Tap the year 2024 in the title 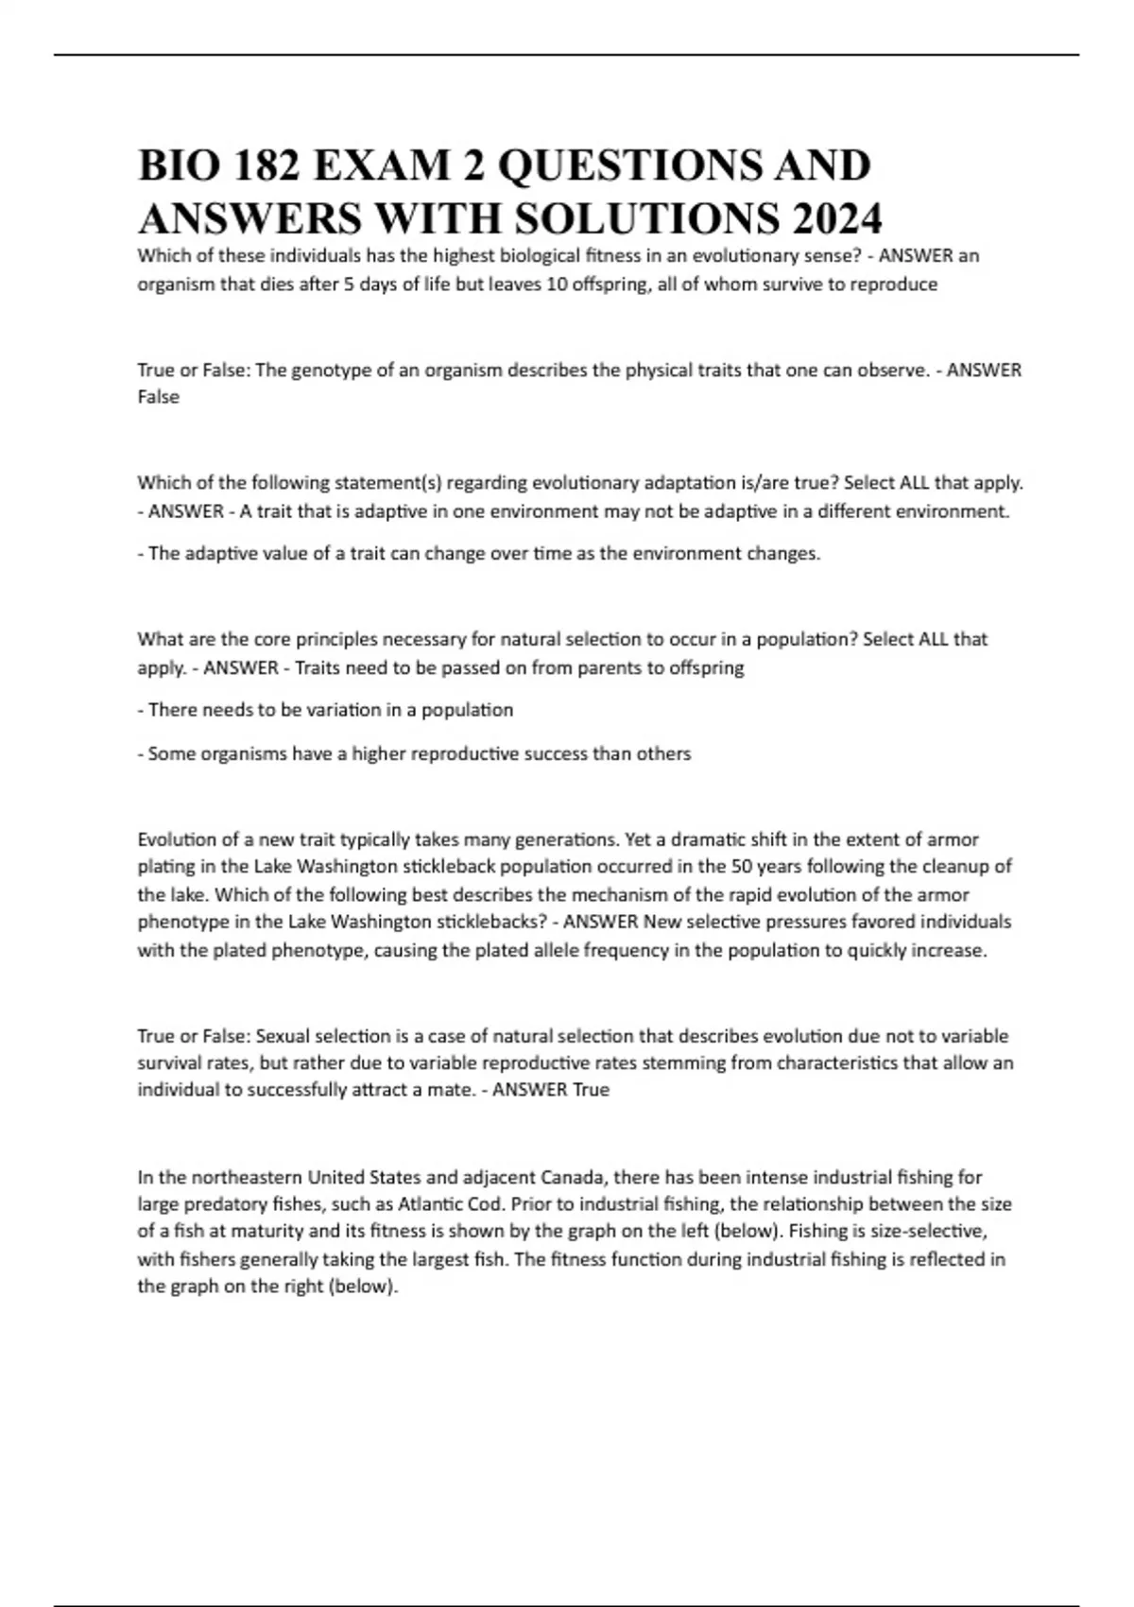tap(837, 219)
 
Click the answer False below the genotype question tap(158, 397)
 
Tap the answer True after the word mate tap(592, 1090)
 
